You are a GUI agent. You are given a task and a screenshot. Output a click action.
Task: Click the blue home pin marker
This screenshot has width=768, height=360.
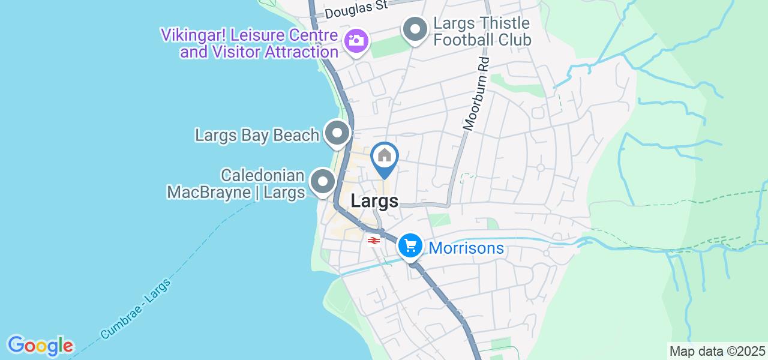[x=385, y=157]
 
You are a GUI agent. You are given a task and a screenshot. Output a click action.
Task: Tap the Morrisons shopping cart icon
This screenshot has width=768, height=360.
[x=411, y=246]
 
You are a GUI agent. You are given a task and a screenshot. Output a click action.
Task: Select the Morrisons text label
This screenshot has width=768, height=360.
[x=467, y=248]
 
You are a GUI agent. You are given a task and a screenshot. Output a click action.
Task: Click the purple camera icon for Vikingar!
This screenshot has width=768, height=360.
[x=356, y=41]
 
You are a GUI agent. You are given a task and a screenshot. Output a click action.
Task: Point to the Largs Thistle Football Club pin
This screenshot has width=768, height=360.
[x=415, y=29]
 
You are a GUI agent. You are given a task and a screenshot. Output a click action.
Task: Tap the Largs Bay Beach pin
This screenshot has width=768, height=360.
[x=337, y=133]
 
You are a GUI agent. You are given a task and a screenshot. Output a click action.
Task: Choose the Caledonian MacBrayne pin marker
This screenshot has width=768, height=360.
[x=323, y=181]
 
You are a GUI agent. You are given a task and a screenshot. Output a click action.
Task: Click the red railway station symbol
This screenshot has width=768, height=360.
[x=373, y=241]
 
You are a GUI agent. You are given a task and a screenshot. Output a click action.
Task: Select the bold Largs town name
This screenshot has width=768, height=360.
[x=374, y=201]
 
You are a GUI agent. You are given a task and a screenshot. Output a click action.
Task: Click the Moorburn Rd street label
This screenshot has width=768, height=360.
[x=477, y=94]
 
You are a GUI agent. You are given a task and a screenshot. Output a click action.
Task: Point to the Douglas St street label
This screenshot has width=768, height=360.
[x=356, y=9]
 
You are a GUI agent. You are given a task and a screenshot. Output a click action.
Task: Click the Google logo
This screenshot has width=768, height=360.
[x=40, y=346]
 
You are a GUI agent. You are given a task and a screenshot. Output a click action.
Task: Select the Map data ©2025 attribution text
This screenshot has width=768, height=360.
[x=718, y=351]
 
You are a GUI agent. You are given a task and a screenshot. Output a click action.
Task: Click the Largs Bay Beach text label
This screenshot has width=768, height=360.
[x=257, y=135]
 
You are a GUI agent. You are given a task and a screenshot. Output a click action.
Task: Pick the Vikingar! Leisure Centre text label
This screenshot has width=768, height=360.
[x=249, y=35]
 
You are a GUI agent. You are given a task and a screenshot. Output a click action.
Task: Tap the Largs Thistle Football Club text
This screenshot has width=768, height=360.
[x=482, y=32]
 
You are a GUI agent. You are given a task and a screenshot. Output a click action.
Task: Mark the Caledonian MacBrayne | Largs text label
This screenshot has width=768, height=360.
[x=236, y=184]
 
